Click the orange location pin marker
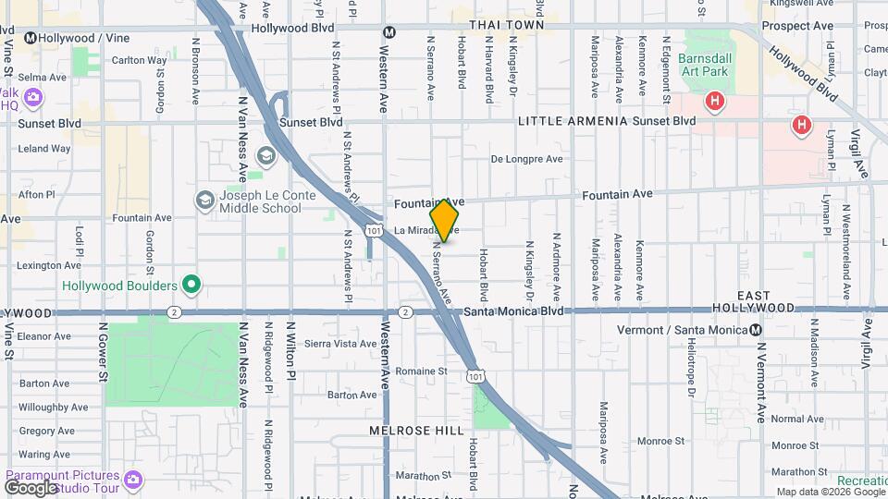tap(444, 220)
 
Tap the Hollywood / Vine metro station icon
tap(31, 38)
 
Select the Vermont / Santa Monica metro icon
tap(757, 330)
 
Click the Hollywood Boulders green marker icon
tap(191, 285)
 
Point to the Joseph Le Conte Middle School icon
tap(204, 200)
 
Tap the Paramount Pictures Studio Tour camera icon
tap(133, 479)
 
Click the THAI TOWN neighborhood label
tap(507, 25)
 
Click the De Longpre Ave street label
tap(526, 159)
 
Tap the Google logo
tap(31, 487)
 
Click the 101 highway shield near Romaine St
tap(475, 376)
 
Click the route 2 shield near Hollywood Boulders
tap(173, 312)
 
